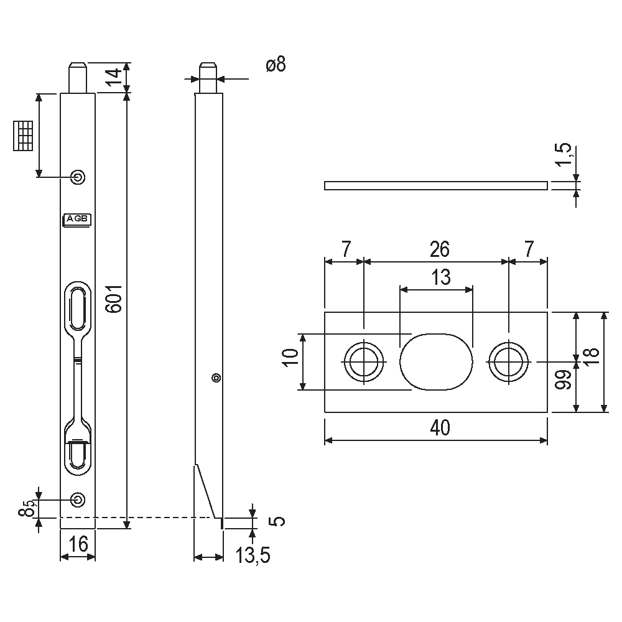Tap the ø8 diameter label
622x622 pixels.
[x=276, y=64]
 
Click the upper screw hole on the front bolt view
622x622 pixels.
[x=78, y=177]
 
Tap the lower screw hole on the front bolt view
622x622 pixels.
[x=78, y=499]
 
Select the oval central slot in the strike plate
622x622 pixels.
[x=435, y=361]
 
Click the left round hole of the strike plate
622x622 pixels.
[x=363, y=361]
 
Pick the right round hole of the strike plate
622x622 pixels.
[x=509, y=361]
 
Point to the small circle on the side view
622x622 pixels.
[x=216, y=377]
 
